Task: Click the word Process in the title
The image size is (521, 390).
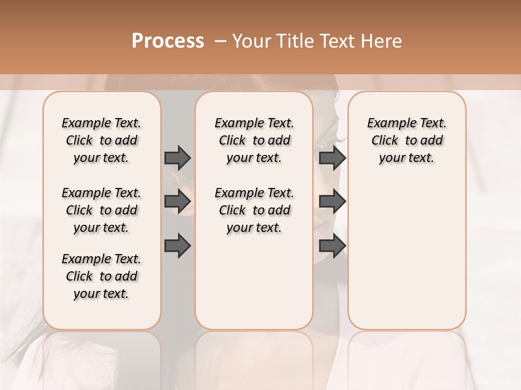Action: (x=168, y=41)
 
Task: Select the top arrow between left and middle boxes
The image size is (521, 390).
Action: (x=177, y=158)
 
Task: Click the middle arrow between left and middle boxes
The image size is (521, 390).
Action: (x=177, y=202)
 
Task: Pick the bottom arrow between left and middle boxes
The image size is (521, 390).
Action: (x=177, y=245)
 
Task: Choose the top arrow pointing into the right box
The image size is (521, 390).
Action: (x=332, y=158)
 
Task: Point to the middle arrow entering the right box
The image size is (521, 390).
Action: (x=332, y=202)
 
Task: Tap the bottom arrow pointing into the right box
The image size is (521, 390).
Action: (x=332, y=245)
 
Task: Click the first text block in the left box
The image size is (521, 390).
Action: (x=101, y=140)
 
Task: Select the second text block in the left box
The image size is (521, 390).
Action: (x=101, y=210)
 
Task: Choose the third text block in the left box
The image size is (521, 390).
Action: (x=101, y=276)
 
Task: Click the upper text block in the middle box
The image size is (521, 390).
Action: (x=254, y=140)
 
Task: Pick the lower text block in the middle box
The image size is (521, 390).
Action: (x=254, y=210)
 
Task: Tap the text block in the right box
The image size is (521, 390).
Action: (x=407, y=140)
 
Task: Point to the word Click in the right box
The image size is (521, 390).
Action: (x=385, y=141)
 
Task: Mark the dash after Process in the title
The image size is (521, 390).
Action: (x=220, y=41)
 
